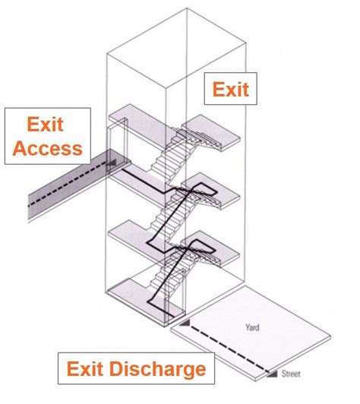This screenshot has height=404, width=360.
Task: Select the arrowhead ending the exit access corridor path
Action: point(112,163)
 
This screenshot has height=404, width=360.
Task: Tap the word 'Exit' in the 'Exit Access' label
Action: point(46,123)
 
